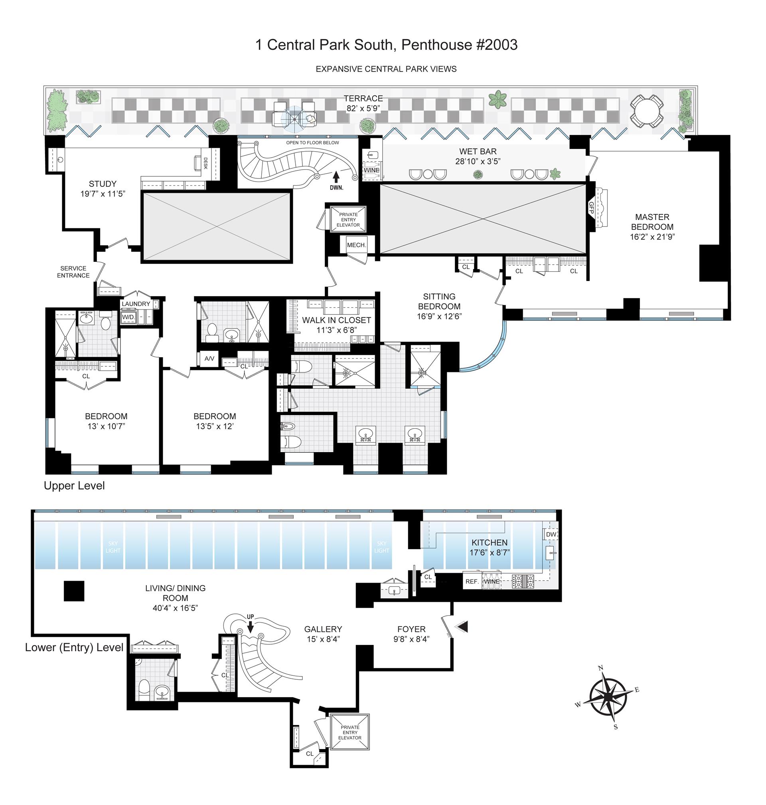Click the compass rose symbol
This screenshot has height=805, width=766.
pyautogui.click(x=608, y=701)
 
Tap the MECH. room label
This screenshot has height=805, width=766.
pyautogui.click(x=356, y=245)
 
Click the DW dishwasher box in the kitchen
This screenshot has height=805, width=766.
pyautogui.click(x=551, y=534)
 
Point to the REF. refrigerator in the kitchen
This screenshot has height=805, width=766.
pyautogui.click(x=472, y=581)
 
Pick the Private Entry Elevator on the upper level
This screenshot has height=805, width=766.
pyautogui.click(x=348, y=220)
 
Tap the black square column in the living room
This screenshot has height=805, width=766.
pyautogui.click(x=74, y=591)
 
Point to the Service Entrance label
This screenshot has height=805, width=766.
pyautogui.click(x=73, y=272)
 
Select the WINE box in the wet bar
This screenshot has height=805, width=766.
pyautogui.click(x=372, y=170)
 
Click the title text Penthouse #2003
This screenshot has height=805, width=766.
pyautogui.click(x=459, y=45)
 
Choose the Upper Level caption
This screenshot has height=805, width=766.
pyautogui.click(x=74, y=486)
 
